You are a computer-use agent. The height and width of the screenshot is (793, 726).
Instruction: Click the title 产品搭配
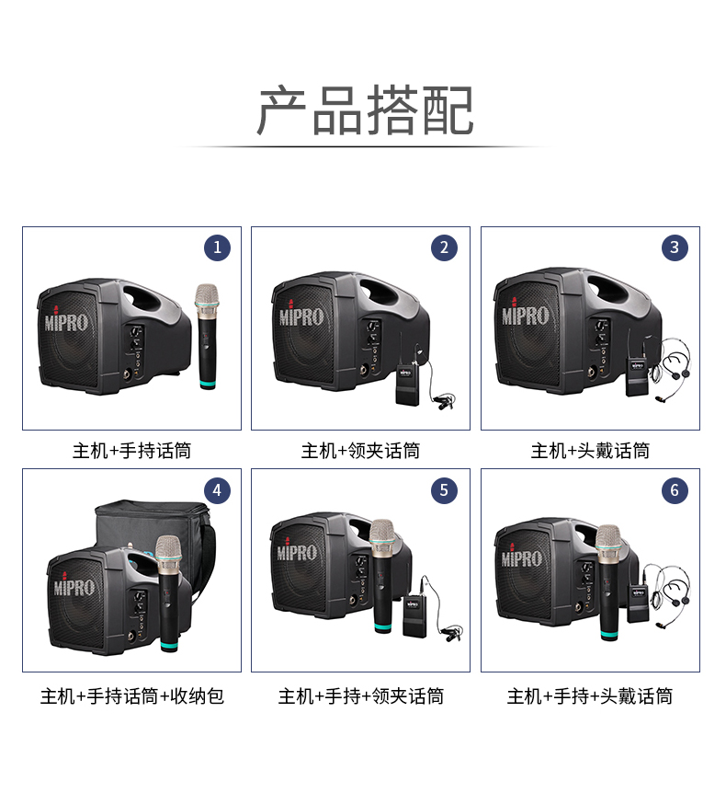pyautogui.click(x=365, y=110)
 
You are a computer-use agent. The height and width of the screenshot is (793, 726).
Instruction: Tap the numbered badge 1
pyautogui.click(x=217, y=247)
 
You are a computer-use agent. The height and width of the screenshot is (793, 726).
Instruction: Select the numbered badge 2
pyautogui.click(x=444, y=247)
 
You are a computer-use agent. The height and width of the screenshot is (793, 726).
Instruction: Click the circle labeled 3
pyautogui.click(x=675, y=247)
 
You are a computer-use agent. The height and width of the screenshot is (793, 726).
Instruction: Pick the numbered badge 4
pyautogui.click(x=217, y=490)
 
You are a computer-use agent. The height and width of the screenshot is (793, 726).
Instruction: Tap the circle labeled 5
pyautogui.click(x=444, y=490)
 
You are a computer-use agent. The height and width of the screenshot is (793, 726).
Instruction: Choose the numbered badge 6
pyautogui.click(x=675, y=490)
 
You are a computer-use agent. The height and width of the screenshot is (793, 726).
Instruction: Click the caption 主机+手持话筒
pyautogui.click(x=131, y=450)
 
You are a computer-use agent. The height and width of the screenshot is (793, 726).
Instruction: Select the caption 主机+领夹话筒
pyautogui.click(x=361, y=450)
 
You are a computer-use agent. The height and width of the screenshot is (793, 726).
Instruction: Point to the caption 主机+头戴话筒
pyautogui.click(x=590, y=450)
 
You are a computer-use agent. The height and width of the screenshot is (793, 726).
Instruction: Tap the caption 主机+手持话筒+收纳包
pyautogui.click(x=131, y=696)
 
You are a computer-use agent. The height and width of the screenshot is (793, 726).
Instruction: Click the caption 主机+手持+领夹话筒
pyautogui.click(x=361, y=696)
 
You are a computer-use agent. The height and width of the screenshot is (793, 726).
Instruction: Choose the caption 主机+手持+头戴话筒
pyautogui.click(x=590, y=696)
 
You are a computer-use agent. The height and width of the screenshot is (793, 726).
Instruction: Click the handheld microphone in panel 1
pyautogui.click(x=207, y=337)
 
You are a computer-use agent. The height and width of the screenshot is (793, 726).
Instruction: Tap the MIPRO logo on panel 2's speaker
pyautogui.click(x=301, y=316)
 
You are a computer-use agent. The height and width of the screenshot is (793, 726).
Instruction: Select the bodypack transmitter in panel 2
pyautogui.click(x=407, y=385)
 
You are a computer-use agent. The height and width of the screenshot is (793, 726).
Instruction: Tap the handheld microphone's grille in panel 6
pyautogui.click(x=607, y=538)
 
